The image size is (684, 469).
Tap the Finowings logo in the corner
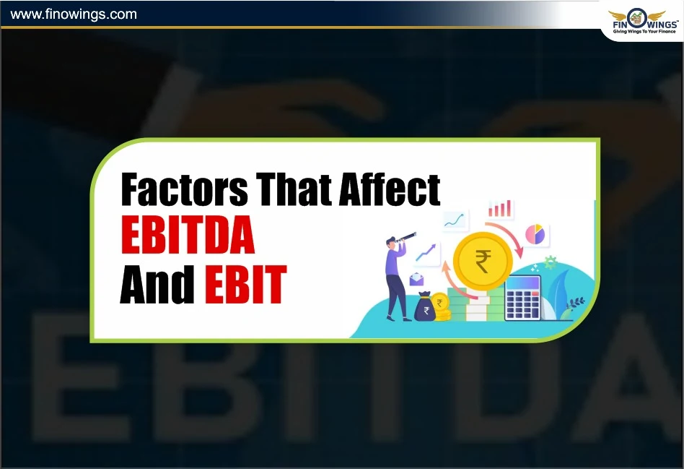pyautogui.click(x=641, y=17)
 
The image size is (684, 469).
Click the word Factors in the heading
pyautogui.click(x=183, y=189)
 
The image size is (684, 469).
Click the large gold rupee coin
pyautogui.click(x=482, y=258)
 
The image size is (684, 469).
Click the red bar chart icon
pyautogui.click(x=499, y=210)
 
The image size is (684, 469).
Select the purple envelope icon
pyautogui.click(x=418, y=280)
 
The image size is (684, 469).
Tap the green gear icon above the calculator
pyautogui.click(x=551, y=262)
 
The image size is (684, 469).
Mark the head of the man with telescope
pyautogui.click(x=393, y=244)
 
